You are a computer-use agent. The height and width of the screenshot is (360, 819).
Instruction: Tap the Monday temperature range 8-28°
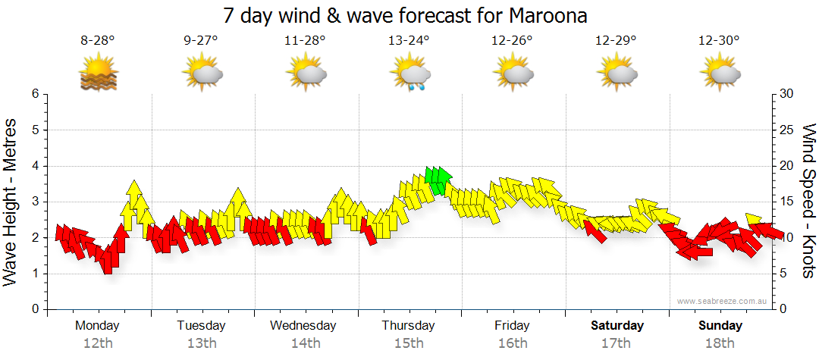pyautogui.click(x=98, y=41)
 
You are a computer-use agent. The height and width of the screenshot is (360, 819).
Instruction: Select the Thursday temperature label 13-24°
pyautogui.click(x=409, y=41)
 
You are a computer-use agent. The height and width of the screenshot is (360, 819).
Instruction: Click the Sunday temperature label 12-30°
pyautogui.click(x=720, y=41)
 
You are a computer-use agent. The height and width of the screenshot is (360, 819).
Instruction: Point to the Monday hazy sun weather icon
pyautogui.click(x=99, y=74)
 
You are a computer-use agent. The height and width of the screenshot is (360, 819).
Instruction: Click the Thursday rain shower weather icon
pyautogui.click(x=410, y=74)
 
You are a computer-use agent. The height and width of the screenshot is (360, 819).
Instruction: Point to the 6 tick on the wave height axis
pyautogui.click(x=34, y=94)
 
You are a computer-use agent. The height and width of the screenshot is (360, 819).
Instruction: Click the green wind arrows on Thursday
pyautogui.click(x=438, y=180)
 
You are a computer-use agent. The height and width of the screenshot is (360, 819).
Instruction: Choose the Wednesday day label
pyautogui.click(x=303, y=326)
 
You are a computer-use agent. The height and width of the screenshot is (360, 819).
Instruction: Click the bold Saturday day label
pyautogui.click(x=617, y=326)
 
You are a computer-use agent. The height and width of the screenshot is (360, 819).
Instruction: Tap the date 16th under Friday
pyautogui.click(x=513, y=343)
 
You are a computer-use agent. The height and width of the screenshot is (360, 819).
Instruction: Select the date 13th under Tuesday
pyautogui.click(x=202, y=343)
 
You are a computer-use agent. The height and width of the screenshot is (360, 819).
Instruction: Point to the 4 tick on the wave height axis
pyautogui.click(x=34, y=166)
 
